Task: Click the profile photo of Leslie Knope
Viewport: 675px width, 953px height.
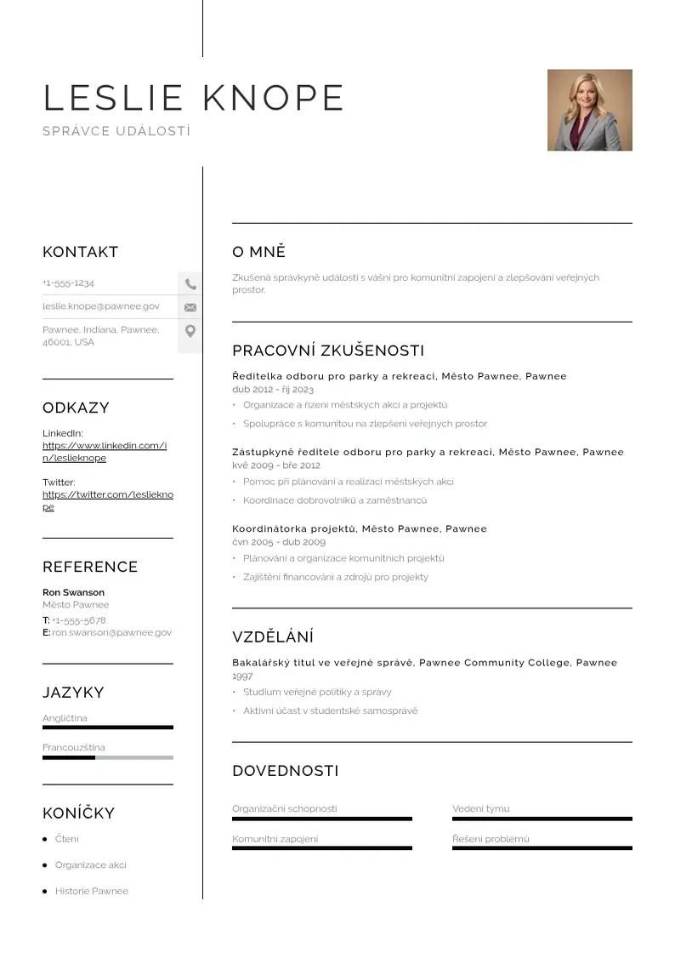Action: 589,110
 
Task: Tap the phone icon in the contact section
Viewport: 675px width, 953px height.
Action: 190,284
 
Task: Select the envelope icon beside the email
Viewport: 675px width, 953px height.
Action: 190,307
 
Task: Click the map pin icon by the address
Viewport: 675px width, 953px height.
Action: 190,331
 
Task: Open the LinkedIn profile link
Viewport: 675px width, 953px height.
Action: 104,452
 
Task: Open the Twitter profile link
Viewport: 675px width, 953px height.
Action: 107,500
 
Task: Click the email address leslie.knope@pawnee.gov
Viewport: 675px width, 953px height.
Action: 101,305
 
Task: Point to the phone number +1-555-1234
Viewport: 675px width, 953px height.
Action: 68,282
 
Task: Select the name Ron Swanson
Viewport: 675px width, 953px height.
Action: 73,592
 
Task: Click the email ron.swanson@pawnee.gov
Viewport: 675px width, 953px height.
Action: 111,632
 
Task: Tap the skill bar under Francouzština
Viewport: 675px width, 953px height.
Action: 108,757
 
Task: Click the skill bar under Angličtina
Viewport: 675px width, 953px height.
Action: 108,728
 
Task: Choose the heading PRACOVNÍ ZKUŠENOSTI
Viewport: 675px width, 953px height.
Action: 328,351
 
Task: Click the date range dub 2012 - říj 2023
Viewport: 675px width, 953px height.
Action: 273,389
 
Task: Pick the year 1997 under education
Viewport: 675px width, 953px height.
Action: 242,676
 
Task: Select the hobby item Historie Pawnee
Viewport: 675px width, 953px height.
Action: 92,891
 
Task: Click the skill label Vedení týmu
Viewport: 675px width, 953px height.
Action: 481,808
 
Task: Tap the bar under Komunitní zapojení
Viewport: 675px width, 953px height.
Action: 322,848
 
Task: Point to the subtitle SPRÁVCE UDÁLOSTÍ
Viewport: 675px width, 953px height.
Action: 116,131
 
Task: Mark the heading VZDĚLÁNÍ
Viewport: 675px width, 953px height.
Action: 273,636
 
